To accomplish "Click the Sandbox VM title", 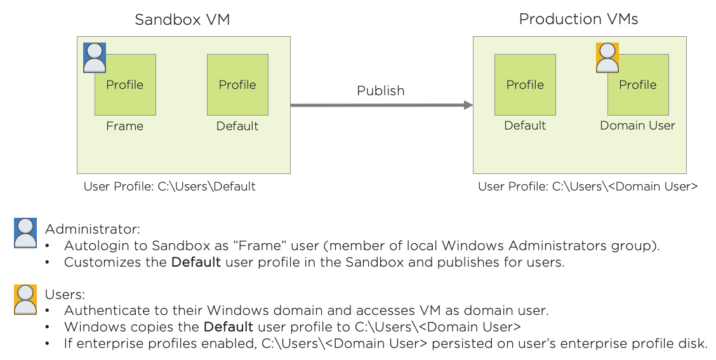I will (x=182, y=20).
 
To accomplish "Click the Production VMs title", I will (x=578, y=19).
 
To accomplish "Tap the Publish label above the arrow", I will (x=380, y=91).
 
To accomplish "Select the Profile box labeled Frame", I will (x=125, y=84).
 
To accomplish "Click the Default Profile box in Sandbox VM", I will (x=237, y=84).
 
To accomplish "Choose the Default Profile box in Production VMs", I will (x=525, y=84).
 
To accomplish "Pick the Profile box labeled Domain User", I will (x=638, y=84).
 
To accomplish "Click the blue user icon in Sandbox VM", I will (x=95, y=58).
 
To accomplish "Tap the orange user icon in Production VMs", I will (x=607, y=58).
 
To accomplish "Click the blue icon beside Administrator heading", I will (x=25, y=232).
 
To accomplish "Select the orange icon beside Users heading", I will (x=25, y=299).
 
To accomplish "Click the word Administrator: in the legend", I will (x=92, y=229).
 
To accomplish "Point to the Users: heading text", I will (x=65, y=295).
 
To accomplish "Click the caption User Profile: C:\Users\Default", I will (x=169, y=187).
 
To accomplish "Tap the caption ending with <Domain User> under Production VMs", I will (x=588, y=187).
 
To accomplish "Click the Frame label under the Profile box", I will (x=124, y=126).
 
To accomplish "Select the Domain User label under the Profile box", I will (x=637, y=126).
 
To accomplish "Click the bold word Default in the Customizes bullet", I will (x=196, y=262).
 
